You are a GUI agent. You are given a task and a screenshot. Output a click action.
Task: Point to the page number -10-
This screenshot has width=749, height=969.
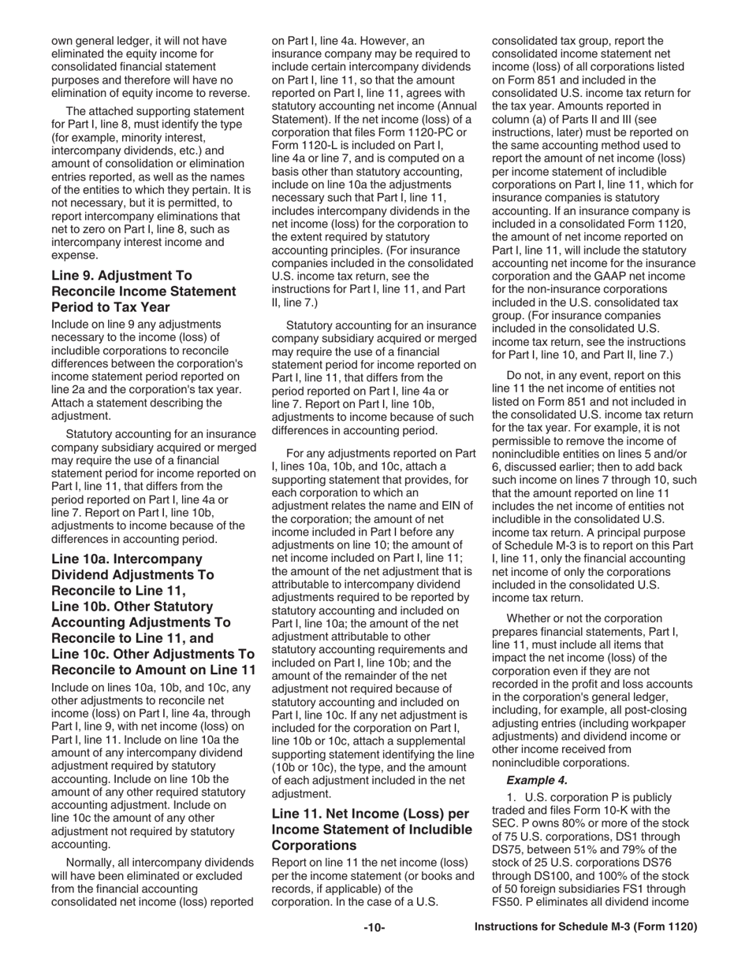[x=374, y=928]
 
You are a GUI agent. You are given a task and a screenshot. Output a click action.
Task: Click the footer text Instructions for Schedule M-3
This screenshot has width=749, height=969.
[x=586, y=927]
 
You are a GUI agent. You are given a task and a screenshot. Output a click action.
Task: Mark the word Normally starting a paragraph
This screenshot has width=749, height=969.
[x=91, y=862]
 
